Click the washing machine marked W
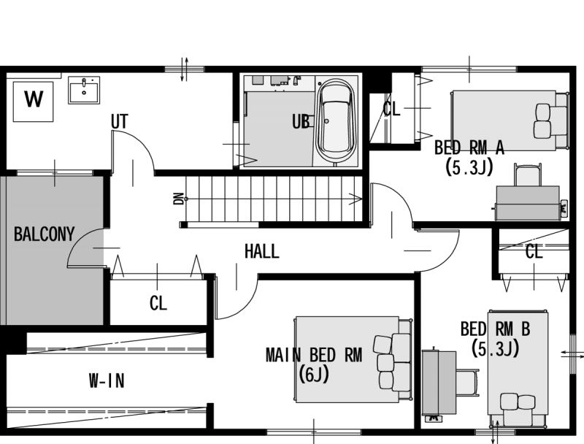(x=33, y=102)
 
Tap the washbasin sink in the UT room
(x=84, y=90)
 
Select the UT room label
(x=120, y=121)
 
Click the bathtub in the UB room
(x=335, y=121)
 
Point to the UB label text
(x=301, y=122)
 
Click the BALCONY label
(x=44, y=234)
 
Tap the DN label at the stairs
(x=178, y=199)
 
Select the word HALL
(x=261, y=251)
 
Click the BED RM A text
(x=469, y=148)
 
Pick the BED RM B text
(x=495, y=329)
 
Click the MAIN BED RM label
(x=314, y=355)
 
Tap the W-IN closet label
(x=107, y=380)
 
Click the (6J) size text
(x=314, y=375)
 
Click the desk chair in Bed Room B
(x=467, y=383)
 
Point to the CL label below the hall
(x=158, y=303)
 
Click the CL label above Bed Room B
(x=534, y=252)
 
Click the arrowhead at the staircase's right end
(x=358, y=199)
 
